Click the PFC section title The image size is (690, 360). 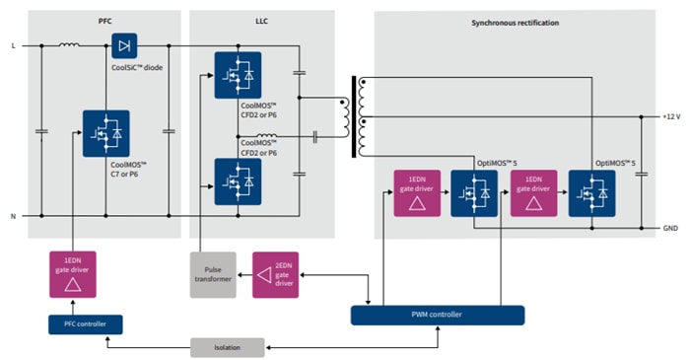tap(104, 20)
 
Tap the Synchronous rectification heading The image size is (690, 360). tap(517, 20)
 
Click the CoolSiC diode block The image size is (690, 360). tap(124, 45)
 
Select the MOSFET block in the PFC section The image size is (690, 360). tap(105, 133)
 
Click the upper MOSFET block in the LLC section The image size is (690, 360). tap(238, 74)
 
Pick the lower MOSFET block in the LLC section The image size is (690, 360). tap(238, 180)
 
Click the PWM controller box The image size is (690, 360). tap(437, 315)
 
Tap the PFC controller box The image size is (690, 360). tap(85, 324)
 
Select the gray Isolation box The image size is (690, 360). tap(228, 347)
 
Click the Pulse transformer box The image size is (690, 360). tap(213, 274)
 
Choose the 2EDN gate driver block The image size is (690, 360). tap(276, 274)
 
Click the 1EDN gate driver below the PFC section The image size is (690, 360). tap(73, 273)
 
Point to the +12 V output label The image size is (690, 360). tap(672, 117)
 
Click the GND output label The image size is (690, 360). tap(671, 229)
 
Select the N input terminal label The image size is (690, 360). tap(13, 215)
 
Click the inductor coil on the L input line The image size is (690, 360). tap(70, 43)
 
